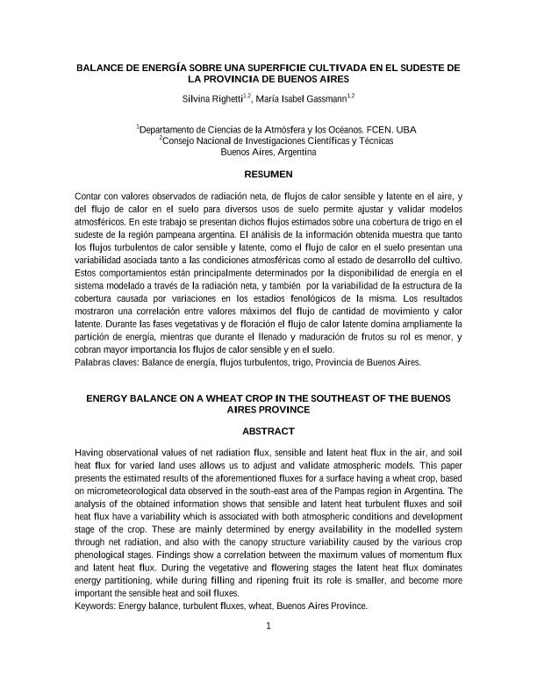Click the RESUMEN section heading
click(x=268, y=175)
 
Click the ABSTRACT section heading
click(x=268, y=431)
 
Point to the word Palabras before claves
click(x=95, y=362)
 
